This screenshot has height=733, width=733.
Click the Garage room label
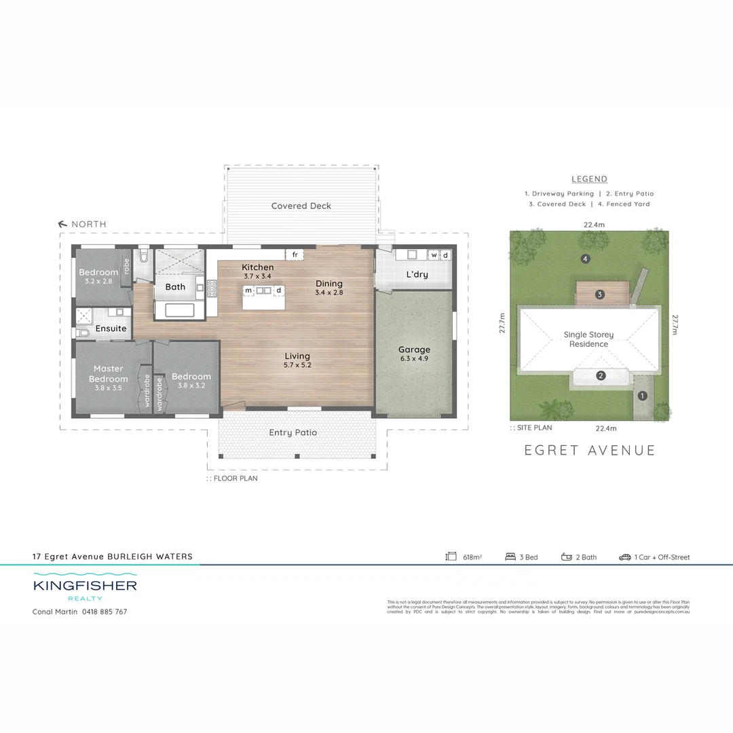point(414,350)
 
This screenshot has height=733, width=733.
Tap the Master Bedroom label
point(109,373)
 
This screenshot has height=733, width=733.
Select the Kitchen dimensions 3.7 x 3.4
point(257,277)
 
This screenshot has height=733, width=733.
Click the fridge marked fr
point(295,255)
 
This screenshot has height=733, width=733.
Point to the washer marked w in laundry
point(434,255)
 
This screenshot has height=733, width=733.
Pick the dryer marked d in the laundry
point(445,255)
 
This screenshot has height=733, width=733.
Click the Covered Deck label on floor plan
point(301,206)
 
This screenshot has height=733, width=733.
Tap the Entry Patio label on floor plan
point(293,432)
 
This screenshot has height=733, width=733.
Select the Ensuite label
point(111,328)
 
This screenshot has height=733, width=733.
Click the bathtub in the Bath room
point(175,310)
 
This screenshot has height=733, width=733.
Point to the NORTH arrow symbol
point(64,224)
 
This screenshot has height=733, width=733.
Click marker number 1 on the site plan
point(642,395)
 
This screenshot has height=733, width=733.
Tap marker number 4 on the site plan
point(584,259)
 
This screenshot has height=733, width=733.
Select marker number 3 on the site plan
point(599,295)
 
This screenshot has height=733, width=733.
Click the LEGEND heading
point(589,179)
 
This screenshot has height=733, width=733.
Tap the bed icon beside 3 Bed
point(510,557)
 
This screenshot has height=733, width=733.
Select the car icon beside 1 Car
point(624,557)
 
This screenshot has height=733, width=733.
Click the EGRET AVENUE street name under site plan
point(590,450)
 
